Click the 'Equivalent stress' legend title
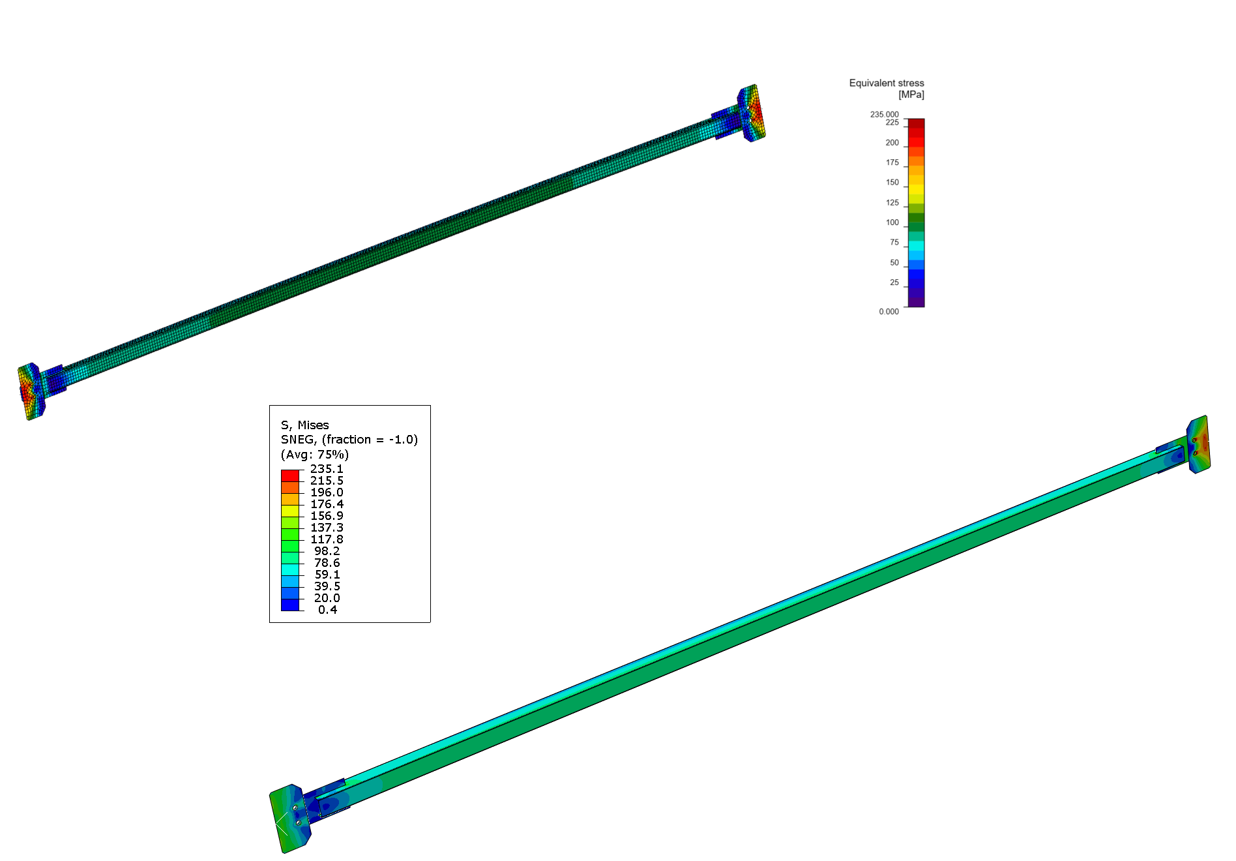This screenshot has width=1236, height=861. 886,83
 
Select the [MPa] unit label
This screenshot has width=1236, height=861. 911,95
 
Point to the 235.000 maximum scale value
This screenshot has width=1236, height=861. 884,114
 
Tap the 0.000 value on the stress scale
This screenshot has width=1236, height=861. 889,312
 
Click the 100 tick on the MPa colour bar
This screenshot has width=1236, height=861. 892,222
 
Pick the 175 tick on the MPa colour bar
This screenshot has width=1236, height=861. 892,162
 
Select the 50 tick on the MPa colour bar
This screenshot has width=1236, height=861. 894,263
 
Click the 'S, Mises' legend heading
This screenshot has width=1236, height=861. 304,425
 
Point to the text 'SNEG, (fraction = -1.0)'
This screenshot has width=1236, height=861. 349,440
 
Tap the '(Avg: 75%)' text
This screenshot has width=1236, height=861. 314,455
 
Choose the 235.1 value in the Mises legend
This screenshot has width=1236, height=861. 326,469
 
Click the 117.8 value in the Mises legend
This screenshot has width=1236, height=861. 326,539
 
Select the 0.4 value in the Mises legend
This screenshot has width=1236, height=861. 327,610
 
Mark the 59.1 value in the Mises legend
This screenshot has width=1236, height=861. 327,575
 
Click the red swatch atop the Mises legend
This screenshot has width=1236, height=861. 289,476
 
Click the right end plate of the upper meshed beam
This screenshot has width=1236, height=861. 753,112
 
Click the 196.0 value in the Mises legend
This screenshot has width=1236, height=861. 326,492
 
